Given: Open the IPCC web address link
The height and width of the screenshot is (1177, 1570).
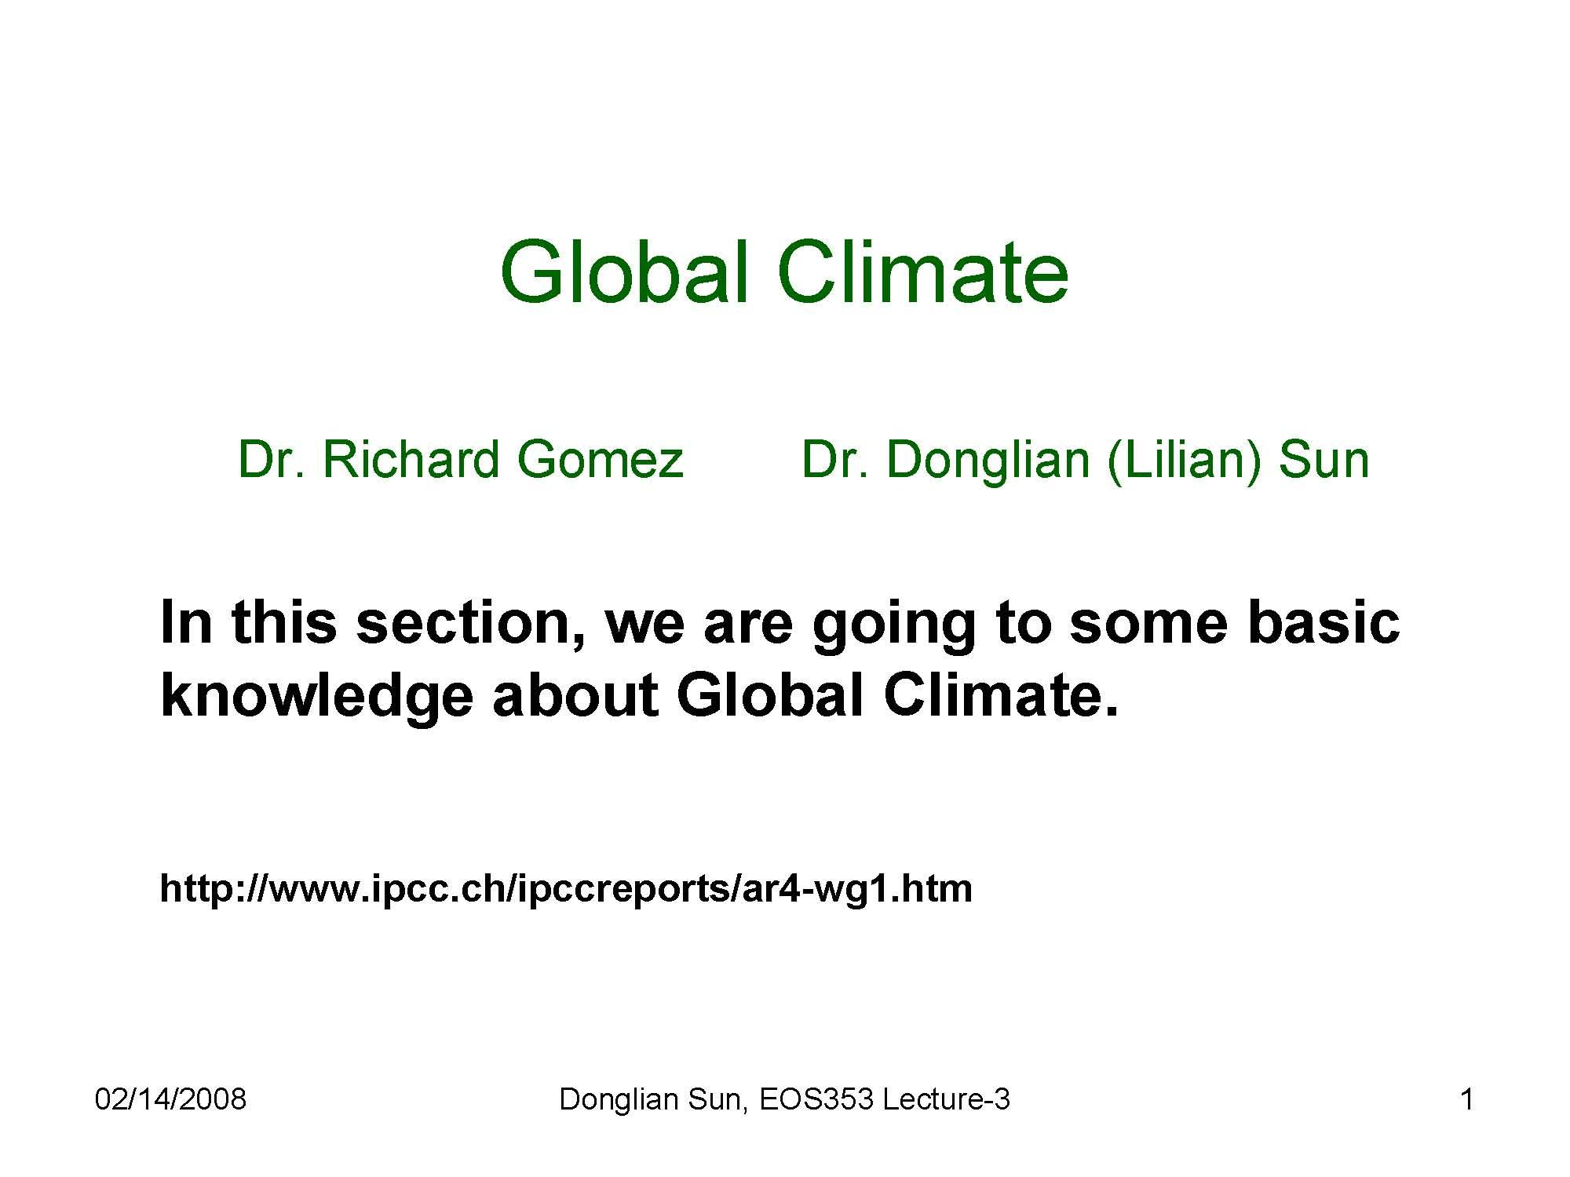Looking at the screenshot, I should tap(566, 888).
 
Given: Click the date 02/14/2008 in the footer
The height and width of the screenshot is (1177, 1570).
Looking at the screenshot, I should tap(170, 1099).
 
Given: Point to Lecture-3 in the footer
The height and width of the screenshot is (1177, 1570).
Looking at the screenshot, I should tap(946, 1099).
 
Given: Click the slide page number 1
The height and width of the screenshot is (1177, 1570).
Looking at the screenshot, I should tap(1466, 1099).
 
